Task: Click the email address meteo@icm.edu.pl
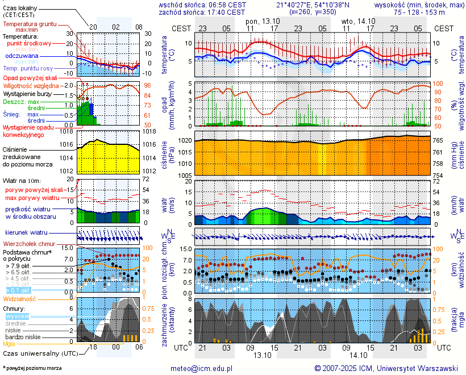point(202,368)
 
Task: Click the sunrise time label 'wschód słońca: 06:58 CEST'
point(202,5)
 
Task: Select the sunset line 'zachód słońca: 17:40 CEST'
point(202,12)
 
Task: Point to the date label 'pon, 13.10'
point(263,20)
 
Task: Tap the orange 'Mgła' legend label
point(9,344)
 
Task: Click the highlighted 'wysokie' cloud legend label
point(17,316)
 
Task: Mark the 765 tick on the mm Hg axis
point(439,140)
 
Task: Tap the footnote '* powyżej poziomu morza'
point(32,368)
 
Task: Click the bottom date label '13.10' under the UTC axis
point(263,355)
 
